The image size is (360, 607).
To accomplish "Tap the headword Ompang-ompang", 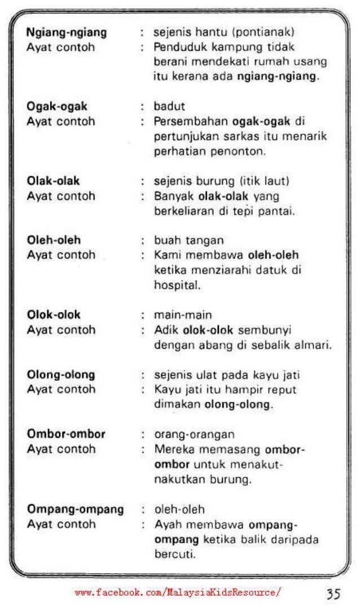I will (x=75, y=509).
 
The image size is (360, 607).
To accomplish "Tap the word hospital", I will (x=174, y=285).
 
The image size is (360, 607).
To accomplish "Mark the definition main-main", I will (x=179, y=315).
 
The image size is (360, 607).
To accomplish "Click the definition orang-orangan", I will (x=190, y=435).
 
